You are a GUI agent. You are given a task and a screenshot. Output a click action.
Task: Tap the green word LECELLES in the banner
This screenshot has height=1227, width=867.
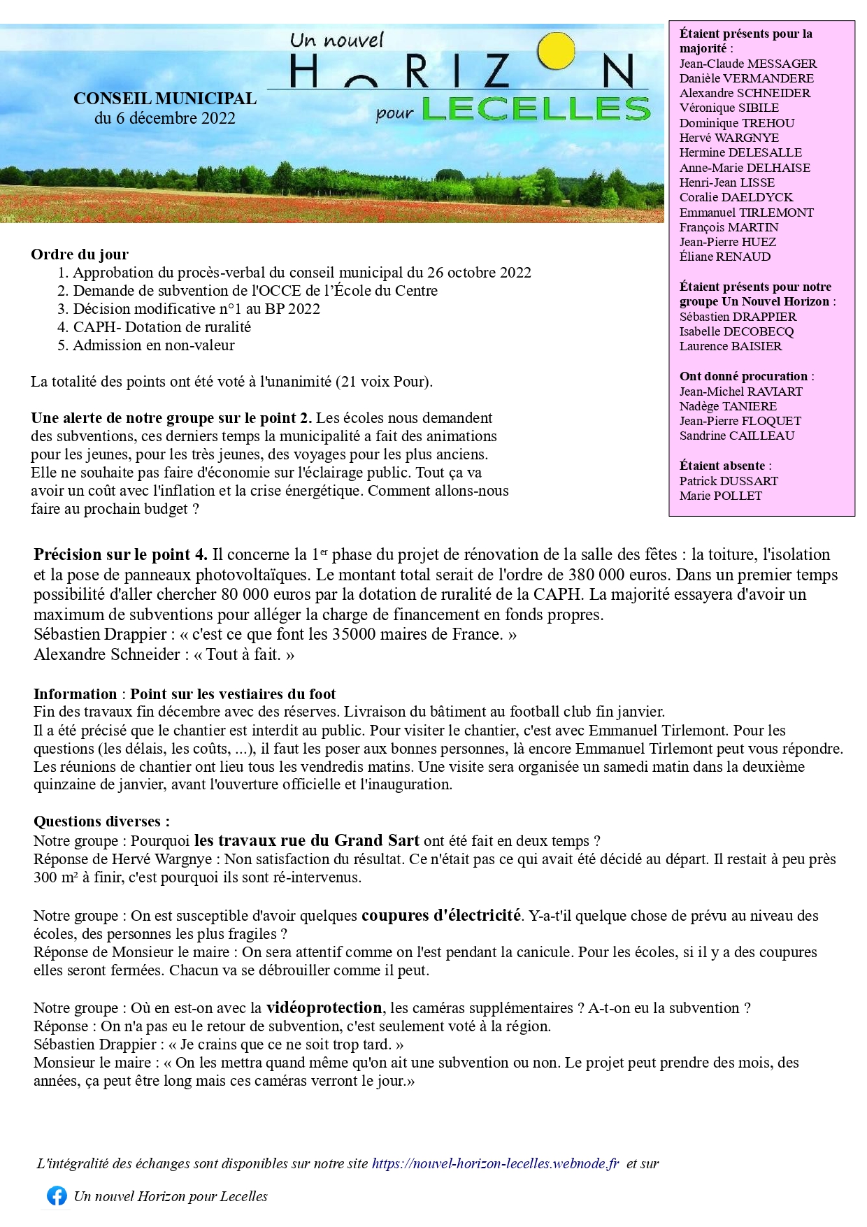(x=536, y=109)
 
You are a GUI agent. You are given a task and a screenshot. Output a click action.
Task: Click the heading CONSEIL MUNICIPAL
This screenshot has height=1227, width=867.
(x=165, y=99)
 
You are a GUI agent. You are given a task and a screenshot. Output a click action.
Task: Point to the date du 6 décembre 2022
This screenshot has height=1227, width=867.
(x=165, y=118)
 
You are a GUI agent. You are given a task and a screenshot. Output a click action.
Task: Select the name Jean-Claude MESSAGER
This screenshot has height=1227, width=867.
(x=747, y=64)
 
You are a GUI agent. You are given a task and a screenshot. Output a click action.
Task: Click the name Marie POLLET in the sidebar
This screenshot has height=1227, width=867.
(x=720, y=496)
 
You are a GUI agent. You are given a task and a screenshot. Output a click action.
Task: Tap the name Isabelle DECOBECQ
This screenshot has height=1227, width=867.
(x=736, y=331)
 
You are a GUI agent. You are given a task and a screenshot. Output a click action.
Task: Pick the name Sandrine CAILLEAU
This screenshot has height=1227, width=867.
(x=737, y=436)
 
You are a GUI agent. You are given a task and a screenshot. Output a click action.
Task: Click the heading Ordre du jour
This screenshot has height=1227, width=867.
(x=80, y=254)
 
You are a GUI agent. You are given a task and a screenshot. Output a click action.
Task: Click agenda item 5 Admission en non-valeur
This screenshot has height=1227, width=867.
(x=154, y=345)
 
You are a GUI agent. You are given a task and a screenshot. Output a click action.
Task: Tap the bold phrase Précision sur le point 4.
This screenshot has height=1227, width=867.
(x=120, y=554)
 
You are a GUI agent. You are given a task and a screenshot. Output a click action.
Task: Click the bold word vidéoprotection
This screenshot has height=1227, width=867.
(x=324, y=1007)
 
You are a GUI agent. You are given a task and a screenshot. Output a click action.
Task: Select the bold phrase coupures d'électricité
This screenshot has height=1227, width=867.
(x=440, y=915)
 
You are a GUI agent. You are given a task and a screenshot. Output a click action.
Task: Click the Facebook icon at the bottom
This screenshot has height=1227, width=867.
(x=57, y=1196)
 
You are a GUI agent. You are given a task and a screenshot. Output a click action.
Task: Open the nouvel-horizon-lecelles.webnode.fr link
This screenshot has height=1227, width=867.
(x=495, y=1163)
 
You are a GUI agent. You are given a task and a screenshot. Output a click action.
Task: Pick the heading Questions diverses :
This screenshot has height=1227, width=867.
(x=101, y=821)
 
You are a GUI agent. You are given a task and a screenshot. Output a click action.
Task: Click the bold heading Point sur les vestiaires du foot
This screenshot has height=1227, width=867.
(x=233, y=694)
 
